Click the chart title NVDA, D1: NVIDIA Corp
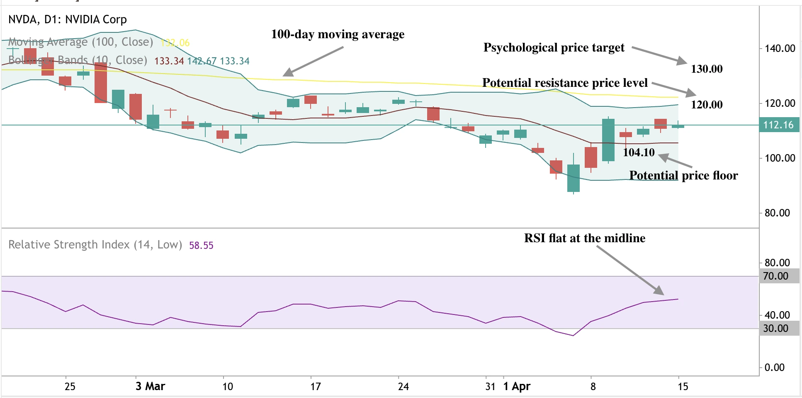tap(67, 20)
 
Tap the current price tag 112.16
tap(778, 125)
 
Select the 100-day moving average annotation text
tap(338, 34)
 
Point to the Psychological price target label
tap(554, 48)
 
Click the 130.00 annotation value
tap(706, 69)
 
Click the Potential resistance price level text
tap(564, 83)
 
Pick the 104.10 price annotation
tap(639, 152)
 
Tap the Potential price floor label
tap(683, 175)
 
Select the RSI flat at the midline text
tap(584, 238)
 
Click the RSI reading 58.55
tap(201, 246)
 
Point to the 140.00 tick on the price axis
tap(780, 48)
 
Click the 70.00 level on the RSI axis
tap(775, 276)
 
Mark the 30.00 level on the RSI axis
tap(775, 328)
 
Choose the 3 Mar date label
tap(150, 386)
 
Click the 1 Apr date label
tap(517, 386)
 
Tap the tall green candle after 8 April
tap(608, 140)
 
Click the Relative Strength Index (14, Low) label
tap(95, 245)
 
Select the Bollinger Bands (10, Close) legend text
tap(78, 60)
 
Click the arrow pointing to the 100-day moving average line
tap(313, 61)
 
